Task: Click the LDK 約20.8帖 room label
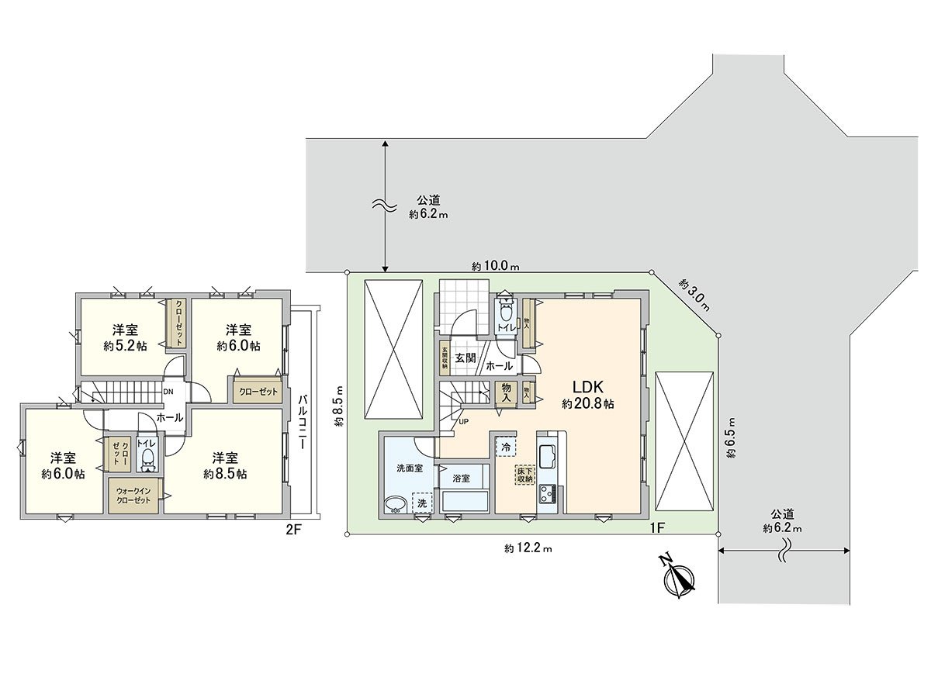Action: (x=588, y=395)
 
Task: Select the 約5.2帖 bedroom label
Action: (x=125, y=337)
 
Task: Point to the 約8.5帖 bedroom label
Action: (x=225, y=465)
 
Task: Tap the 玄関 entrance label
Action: (x=465, y=358)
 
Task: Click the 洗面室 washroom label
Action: (x=409, y=468)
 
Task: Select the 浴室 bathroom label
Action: (x=462, y=479)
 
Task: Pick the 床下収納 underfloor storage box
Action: (x=525, y=475)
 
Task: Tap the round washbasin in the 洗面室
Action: (x=395, y=505)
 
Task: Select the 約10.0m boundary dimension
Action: (x=495, y=265)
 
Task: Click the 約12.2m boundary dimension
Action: (x=528, y=548)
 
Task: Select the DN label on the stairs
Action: (x=168, y=391)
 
